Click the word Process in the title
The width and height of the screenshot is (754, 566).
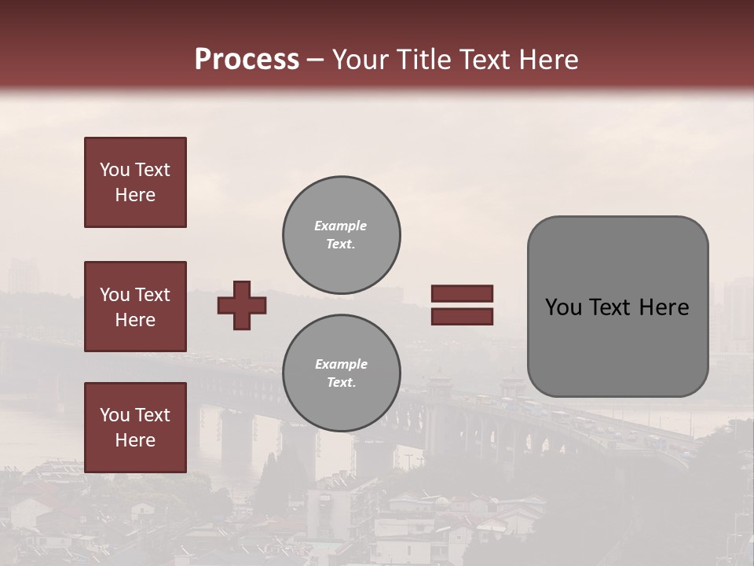tap(247, 60)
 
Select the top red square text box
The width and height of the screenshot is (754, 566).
tap(135, 182)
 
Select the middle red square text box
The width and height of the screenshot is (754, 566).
tap(135, 307)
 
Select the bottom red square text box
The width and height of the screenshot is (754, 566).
tap(135, 427)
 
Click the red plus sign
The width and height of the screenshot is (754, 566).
tap(242, 305)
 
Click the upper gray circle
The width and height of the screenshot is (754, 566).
tap(341, 234)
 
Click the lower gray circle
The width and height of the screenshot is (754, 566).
tap(341, 373)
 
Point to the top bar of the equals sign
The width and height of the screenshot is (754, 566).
tap(462, 293)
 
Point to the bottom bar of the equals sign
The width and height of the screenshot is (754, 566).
tap(462, 316)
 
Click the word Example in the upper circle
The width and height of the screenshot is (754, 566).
tap(340, 226)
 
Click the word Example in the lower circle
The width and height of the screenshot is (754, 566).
tap(341, 364)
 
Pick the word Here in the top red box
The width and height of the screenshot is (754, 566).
tap(135, 195)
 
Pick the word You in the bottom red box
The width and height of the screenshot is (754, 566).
tap(115, 415)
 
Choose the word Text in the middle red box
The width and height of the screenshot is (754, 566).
tap(152, 295)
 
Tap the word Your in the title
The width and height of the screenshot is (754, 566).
tap(361, 60)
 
